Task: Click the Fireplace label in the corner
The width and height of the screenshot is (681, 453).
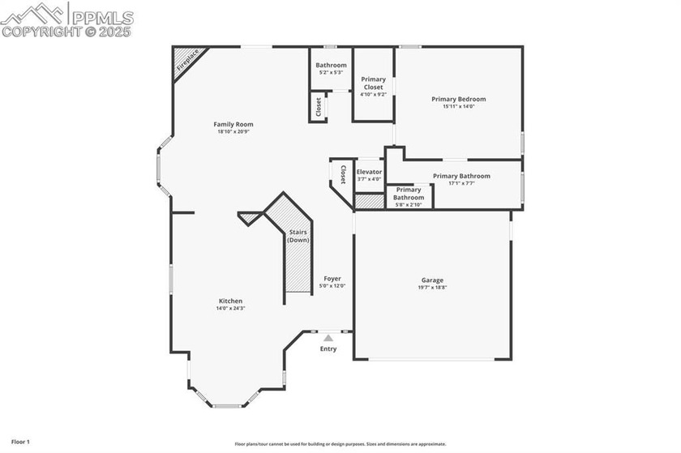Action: [188, 62]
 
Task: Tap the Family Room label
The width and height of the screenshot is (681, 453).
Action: [233, 124]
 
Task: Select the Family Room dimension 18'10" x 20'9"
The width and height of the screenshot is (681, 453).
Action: [234, 132]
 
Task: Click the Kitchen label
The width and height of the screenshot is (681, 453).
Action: [229, 301]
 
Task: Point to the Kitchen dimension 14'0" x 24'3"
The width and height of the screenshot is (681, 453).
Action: [229, 309]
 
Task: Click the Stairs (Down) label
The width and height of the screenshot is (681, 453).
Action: [298, 236]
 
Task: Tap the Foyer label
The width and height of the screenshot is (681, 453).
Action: [332, 278]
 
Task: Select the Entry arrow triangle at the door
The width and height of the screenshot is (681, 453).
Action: [328, 338]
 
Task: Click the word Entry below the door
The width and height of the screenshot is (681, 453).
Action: [328, 349]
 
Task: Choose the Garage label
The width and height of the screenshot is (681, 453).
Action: [431, 280]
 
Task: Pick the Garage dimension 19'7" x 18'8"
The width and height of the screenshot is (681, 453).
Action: [431, 288]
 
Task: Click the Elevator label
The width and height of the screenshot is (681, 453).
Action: [369, 172]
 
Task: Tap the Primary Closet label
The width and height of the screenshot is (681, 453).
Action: [373, 83]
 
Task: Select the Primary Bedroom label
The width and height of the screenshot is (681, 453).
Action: [458, 99]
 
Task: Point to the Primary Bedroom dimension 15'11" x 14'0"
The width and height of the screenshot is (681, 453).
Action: [458, 106]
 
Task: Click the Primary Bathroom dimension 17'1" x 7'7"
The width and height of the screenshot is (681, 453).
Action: [460, 183]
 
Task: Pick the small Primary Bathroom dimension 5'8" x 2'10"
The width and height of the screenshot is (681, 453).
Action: [409, 204]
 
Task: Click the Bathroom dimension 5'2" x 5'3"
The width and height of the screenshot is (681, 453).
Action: [331, 73]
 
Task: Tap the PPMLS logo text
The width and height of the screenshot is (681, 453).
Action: [101, 15]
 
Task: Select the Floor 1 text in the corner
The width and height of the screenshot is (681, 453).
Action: [20, 442]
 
